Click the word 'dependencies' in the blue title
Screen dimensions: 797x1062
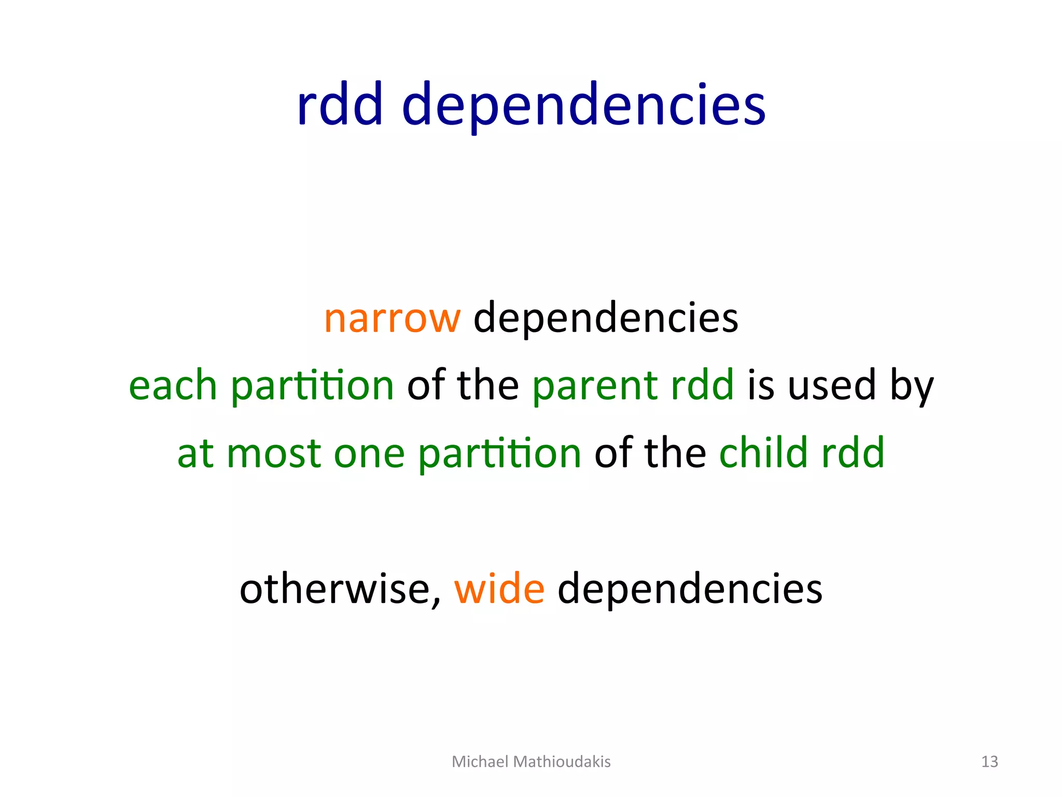click(583, 106)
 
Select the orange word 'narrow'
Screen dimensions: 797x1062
click(392, 318)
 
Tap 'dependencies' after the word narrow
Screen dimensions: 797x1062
click(606, 318)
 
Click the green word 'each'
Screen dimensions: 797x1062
click(173, 386)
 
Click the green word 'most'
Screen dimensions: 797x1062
click(273, 454)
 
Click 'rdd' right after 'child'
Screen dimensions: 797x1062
click(853, 452)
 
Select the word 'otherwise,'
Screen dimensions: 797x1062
click(340, 589)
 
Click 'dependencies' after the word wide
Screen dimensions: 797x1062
click(690, 589)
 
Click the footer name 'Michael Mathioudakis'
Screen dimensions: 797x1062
click(531, 761)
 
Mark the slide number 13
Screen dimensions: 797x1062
click(989, 761)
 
